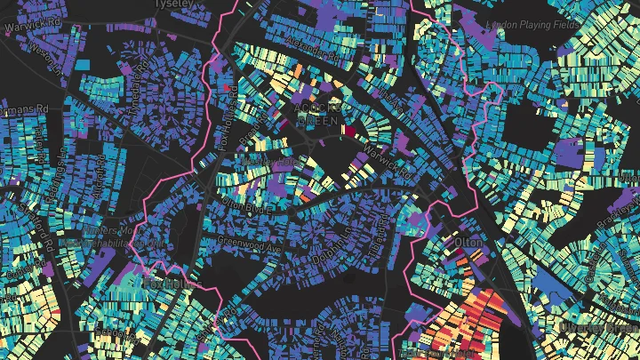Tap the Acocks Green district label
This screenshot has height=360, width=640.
317,113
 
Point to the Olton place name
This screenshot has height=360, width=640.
468,242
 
